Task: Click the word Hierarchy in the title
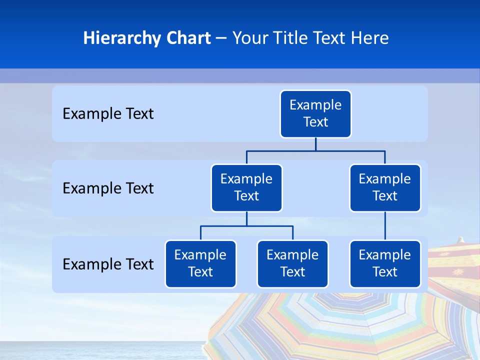pyautogui.click(x=114, y=38)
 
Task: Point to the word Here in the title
pyautogui.click(x=370, y=38)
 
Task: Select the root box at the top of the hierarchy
pyautogui.click(x=315, y=114)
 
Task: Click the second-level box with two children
pyautogui.click(x=246, y=188)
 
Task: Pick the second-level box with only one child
pyautogui.click(x=385, y=188)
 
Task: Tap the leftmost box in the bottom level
pyautogui.click(x=200, y=264)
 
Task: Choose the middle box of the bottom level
pyautogui.click(x=292, y=264)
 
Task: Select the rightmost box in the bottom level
pyautogui.click(x=385, y=264)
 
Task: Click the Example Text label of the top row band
pyautogui.click(x=108, y=114)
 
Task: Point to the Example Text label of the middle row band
pyautogui.click(x=108, y=188)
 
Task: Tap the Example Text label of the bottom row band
pyautogui.click(x=108, y=264)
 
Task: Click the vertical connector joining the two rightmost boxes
pyautogui.click(x=385, y=226)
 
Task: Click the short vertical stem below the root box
pyautogui.click(x=315, y=144)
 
